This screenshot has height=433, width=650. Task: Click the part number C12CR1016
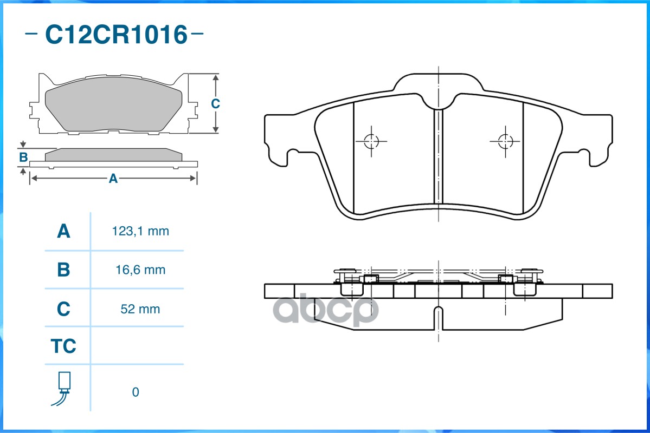point(115,35)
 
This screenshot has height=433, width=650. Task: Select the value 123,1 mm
point(140,232)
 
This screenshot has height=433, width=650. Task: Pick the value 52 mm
point(140,309)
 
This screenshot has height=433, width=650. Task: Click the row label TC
point(63,346)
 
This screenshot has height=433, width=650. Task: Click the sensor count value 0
point(136,392)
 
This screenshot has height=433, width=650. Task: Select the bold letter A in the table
point(63,232)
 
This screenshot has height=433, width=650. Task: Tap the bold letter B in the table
point(63,270)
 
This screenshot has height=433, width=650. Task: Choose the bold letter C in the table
point(63,309)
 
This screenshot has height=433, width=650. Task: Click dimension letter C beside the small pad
point(215,103)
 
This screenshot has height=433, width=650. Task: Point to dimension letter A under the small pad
point(113,178)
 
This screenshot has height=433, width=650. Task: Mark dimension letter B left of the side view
point(23,158)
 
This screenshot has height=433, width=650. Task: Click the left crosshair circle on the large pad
point(371,141)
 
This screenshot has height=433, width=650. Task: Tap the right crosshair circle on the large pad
point(505,141)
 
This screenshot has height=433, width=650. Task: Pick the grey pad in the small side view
point(113,155)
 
